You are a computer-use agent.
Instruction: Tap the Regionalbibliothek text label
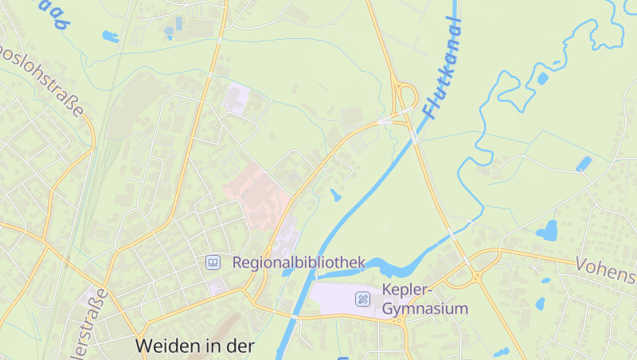(x=299, y=262)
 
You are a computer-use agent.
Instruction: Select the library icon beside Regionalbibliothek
(x=213, y=262)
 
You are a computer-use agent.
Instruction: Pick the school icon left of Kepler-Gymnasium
(x=362, y=299)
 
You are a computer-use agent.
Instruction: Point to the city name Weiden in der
(x=195, y=346)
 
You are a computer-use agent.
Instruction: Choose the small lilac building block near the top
(x=236, y=99)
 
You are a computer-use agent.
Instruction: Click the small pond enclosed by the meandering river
(x=542, y=79)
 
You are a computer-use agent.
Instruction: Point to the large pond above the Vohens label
(x=547, y=232)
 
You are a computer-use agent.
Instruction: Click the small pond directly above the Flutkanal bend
(x=336, y=194)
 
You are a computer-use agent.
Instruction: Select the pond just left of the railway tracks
(x=110, y=36)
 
